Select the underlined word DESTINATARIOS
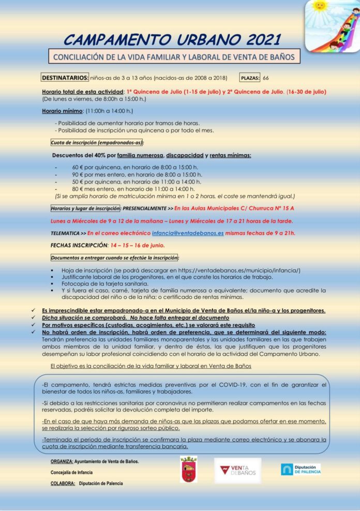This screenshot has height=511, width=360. coord(65,78)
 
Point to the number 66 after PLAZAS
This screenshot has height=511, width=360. coord(266,78)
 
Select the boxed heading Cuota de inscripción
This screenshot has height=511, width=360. coord(97,143)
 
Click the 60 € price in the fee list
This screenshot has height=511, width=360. coord(76,168)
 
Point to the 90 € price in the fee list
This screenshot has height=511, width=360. coord(76,175)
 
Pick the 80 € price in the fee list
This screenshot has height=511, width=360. coord(76,189)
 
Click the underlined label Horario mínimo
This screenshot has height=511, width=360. coord(62,111)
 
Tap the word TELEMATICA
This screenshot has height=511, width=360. coord(65,233)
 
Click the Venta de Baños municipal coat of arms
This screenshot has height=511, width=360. coord(188,469)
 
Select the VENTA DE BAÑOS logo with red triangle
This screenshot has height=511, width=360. coord(237,470)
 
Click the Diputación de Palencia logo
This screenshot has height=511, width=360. coord(301,469)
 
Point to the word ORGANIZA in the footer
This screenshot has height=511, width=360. coord(62,461)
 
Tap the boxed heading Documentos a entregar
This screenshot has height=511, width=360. coord(114,258)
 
